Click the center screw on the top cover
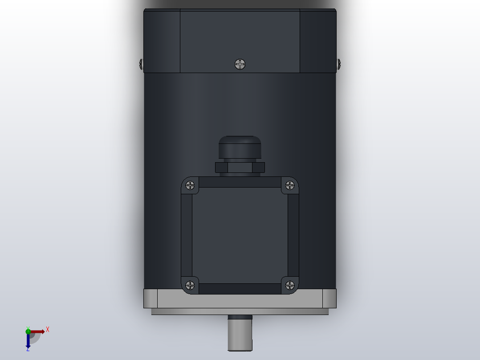pos(240,64)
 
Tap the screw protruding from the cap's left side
pos(141,64)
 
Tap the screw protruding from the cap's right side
pos(338,64)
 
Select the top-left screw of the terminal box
pos(191,185)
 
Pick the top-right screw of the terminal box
pos(289,185)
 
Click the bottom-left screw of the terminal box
pos(191,285)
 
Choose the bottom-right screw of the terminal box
pos(289,285)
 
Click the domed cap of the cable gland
pos(240,146)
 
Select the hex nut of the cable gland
pos(240,168)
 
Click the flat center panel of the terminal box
pos(240,235)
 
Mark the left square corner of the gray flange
pos(151,298)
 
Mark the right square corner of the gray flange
pos(329,298)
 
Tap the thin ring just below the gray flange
pos(240,311)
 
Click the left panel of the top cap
pos(162,41)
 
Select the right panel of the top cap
pos(318,41)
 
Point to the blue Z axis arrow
pos(28,342)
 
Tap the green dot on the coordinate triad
pos(28,331)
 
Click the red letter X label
pos(48,330)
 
